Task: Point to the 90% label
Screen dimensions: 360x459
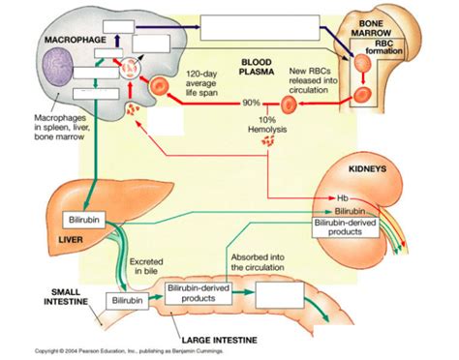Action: (252, 102)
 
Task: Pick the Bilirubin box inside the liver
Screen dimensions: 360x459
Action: (80, 222)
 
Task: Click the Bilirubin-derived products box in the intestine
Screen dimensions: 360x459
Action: (198, 293)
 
